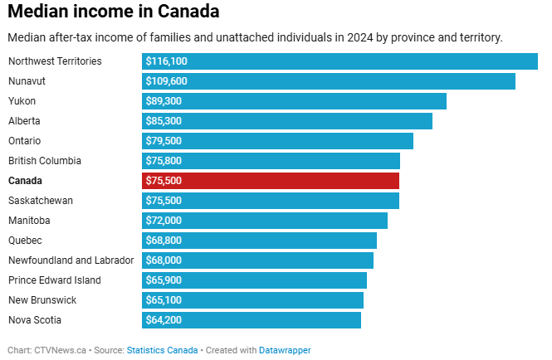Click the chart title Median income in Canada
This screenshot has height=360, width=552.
click(114, 12)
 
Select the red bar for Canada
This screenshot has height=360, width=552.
click(271, 181)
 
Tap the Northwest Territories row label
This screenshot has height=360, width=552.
click(55, 61)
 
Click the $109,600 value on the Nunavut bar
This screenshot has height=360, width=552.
click(166, 81)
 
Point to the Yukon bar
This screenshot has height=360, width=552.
click(295, 101)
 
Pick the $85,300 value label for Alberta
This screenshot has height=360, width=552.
click(164, 121)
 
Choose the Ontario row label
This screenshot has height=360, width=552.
click(24, 141)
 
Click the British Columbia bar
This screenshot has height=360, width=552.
click(271, 161)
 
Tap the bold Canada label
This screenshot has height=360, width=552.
click(25, 181)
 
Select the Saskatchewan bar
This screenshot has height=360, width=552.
click(271, 201)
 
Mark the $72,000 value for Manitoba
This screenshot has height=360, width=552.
click(164, 221)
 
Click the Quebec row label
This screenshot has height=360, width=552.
click(25, 241)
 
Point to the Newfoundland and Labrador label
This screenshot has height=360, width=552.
click(71, 260)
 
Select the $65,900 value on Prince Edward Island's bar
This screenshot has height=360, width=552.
click(164, 280)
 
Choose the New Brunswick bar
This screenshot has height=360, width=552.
click(253, 300)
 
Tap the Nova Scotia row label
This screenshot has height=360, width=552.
click(35, 320)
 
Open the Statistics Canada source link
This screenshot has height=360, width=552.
click(163, 350)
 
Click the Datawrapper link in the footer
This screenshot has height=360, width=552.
click(286, 350)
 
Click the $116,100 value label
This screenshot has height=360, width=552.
click(166, 61)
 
